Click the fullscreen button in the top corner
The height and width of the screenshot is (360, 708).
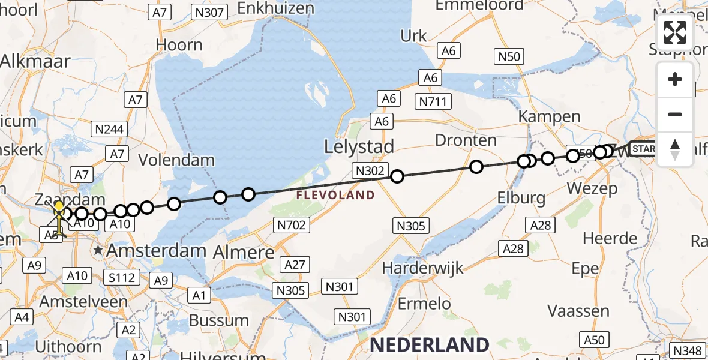tap(675, 32)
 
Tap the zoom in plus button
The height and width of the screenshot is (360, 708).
tap(675, 79)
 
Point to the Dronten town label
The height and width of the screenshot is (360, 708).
tap(466, 140)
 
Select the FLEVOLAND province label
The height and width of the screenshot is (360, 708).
tap(336, 195)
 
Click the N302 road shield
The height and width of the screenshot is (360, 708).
tap(370, 170)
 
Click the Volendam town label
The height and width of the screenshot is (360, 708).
tap(176, 160)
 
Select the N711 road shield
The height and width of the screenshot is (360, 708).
tap(434, 101)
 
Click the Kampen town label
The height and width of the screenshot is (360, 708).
tap(542, 116)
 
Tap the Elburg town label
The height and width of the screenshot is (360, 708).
tap(521, 197)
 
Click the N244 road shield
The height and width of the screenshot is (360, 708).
tap(108, 128)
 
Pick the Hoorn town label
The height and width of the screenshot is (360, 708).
tap(179, 45)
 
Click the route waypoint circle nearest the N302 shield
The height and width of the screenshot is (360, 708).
tap(397, 176)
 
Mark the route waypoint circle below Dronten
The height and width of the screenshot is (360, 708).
tap(476, 166)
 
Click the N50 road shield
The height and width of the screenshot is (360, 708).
tap(509, 57)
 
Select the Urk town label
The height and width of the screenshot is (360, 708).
tap(413, 36)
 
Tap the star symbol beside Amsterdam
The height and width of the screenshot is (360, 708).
tap(98, 250)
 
